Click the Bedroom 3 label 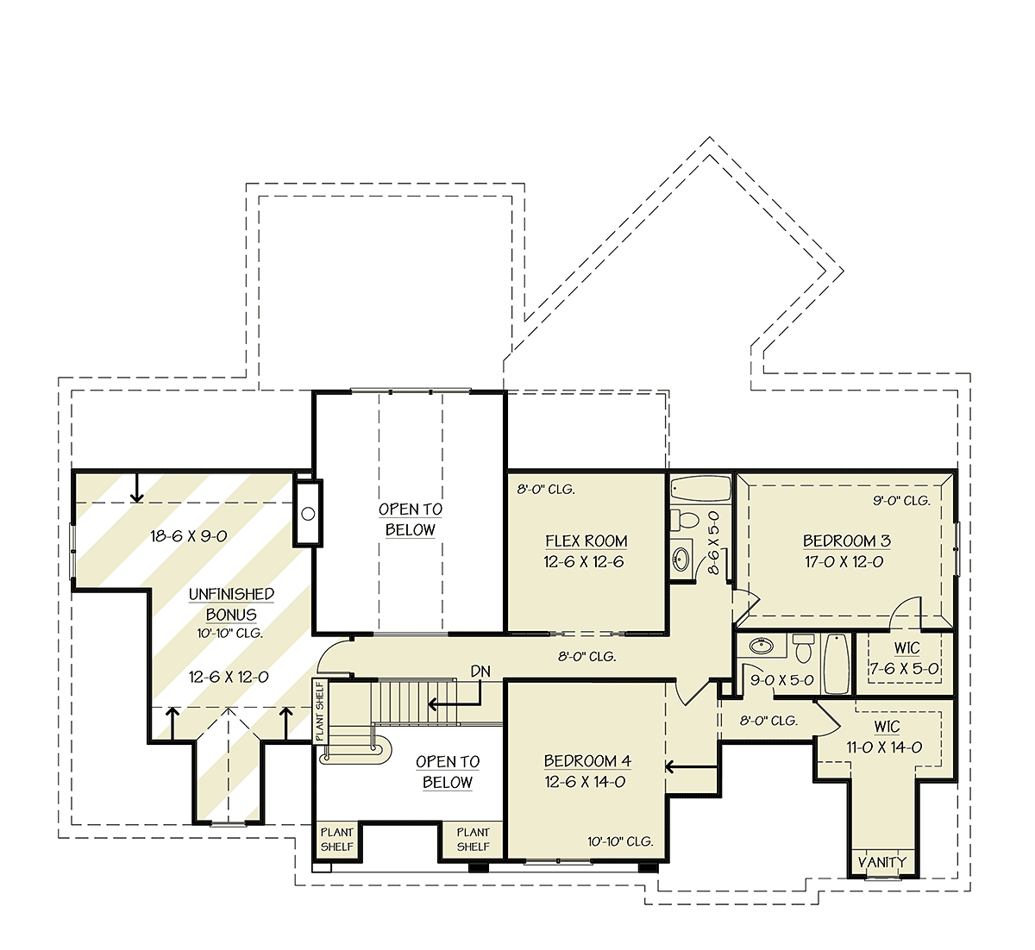[847, 541]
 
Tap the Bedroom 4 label [587, 760]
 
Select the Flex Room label [586, 541]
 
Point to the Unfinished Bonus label [231, 604]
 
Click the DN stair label [480, 671]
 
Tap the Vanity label [881, 862]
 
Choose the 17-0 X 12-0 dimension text [844, 562]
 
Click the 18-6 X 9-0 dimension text [188, 536]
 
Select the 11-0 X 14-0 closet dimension [884, 747]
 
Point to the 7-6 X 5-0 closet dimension [904, 669]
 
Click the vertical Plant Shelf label [320, 711]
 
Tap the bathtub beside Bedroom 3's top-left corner [700, 488]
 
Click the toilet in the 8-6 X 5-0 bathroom [684, 520]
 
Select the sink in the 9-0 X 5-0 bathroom [761, 645]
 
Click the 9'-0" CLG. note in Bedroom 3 [901, 500]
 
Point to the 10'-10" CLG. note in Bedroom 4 [620, 841]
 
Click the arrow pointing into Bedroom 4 [691, 767]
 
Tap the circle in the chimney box [308, 514]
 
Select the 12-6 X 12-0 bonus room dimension [229, 677]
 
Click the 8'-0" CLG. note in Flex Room [546, 490]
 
